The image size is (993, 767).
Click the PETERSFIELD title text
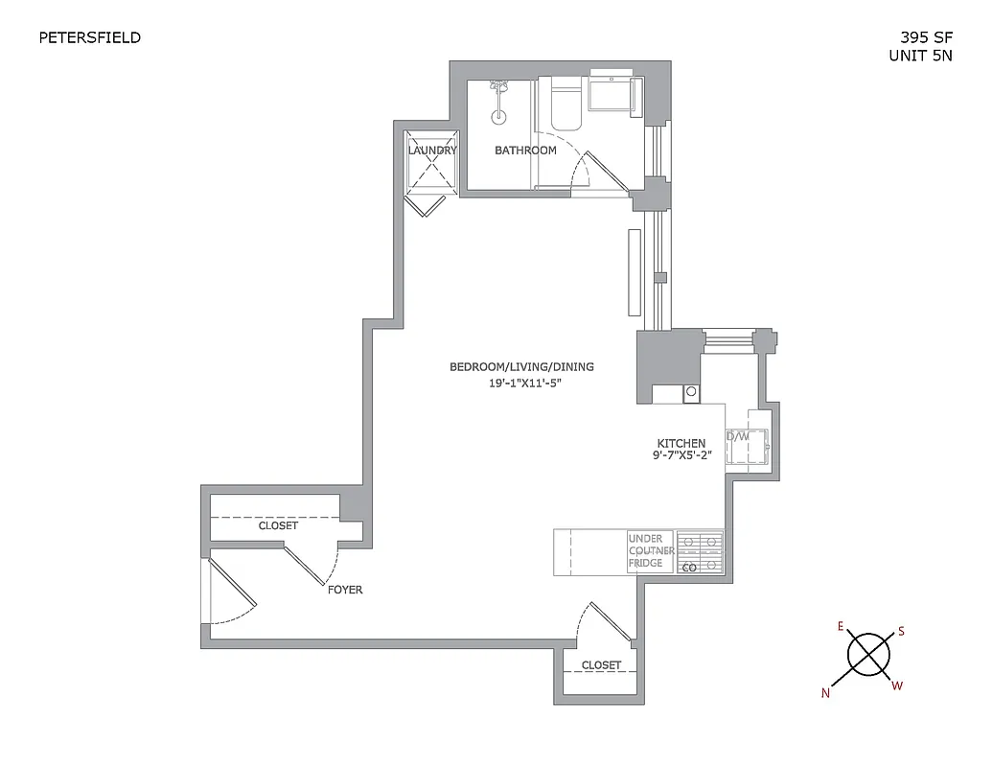pyautogui.click(x=89, y=38)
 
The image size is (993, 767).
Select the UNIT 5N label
pyautogui.click(x=921, y=56)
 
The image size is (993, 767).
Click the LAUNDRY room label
pyautogui.click(x=432, y=151)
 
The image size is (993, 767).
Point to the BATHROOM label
pyautogui.click(x=525, y=151)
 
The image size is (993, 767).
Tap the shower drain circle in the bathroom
pyautogui.click(x=497, y=119)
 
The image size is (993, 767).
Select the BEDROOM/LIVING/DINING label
pyautogui.click(x=521, y=367)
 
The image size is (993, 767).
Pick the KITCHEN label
pyautogui.click(x=682, y=443)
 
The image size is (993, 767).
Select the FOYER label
pyautogui.click(x=345, y=590)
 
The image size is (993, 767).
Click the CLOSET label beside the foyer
pyautogui.click(x=278, y=525)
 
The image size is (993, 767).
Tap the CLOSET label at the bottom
pyautogui.click(x=601, y=664)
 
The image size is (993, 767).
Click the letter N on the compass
pyautogui.click(x=825, y=694)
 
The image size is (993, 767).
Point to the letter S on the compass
pyautogui.click(x=900, y=632)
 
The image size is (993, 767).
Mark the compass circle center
pyautogui.click(x=868, y=655)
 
